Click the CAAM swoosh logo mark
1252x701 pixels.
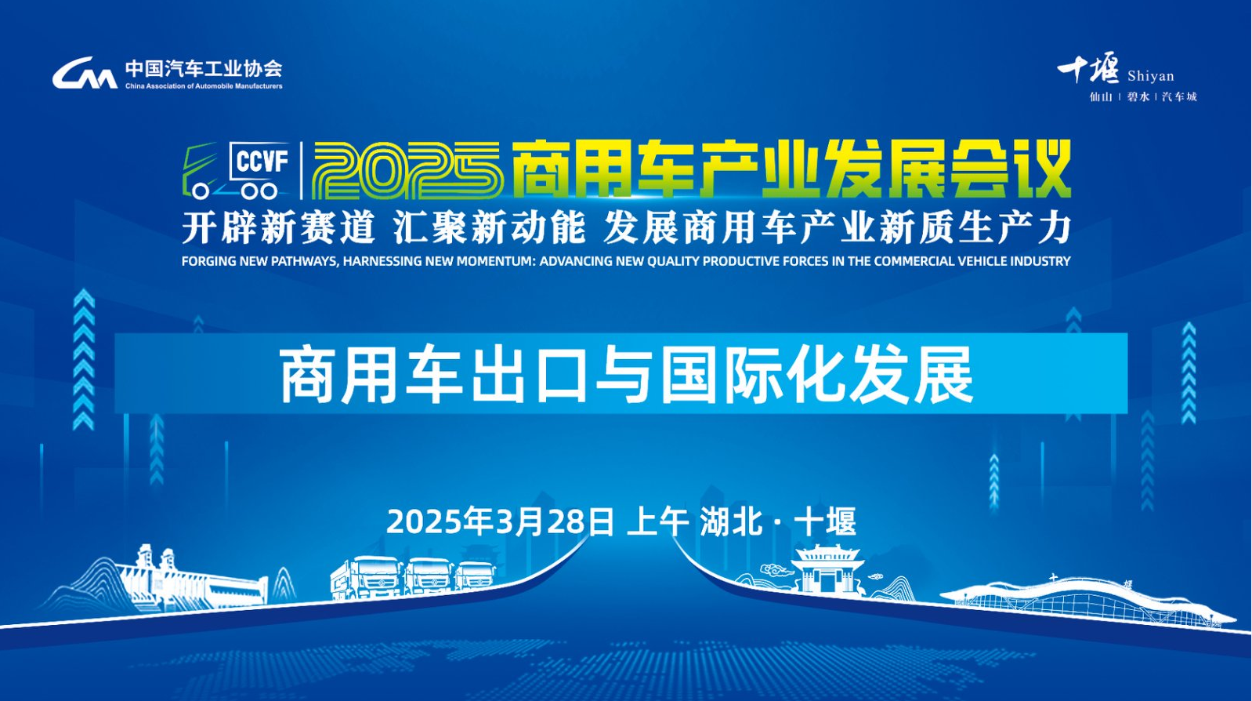(85, 73)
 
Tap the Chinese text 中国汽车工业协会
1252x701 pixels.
(204, 69)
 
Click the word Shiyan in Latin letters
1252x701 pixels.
(1151, 75)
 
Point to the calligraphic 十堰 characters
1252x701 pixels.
(1088, 67)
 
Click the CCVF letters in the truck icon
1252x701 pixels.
(262, 162)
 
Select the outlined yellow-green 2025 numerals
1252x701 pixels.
(406, 170)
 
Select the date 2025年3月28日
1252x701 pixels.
(500, 521)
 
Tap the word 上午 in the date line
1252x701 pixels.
(657, 521)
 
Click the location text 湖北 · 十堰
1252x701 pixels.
(778, 521)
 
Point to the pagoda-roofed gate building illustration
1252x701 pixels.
(828, 568)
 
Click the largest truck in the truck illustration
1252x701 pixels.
(367, 578)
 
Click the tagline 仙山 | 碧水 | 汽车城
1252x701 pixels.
(1143, 96)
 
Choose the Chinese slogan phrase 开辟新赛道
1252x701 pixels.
(278, 228)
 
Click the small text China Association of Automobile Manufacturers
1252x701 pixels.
(204, 86)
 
